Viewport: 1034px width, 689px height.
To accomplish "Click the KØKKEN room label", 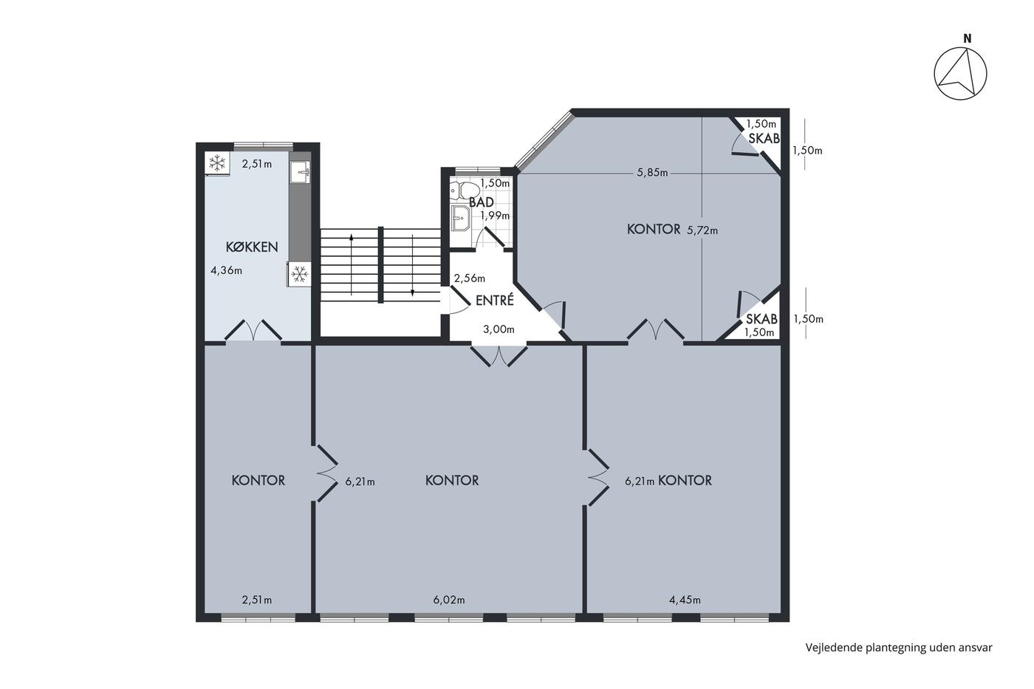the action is [252, 247].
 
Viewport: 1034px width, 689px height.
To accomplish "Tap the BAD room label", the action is [482, 202].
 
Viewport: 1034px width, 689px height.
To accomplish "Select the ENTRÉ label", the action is [494, 301].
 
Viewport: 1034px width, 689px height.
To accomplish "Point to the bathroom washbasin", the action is [460, 218].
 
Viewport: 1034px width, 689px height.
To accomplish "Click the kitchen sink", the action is [300, 173].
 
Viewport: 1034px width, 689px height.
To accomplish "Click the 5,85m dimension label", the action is [652, 173].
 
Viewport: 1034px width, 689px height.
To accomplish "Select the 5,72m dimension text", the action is [702, 230].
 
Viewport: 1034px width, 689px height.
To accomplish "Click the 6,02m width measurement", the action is [449, 600].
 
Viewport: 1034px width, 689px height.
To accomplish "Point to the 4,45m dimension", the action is [685, 600].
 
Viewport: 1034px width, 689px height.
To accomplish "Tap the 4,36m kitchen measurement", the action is [226, 270].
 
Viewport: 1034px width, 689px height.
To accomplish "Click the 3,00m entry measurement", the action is [499, 329].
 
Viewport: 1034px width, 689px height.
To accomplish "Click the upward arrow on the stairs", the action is [352, 264].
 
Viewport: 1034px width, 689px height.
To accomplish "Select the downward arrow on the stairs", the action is [412, 265].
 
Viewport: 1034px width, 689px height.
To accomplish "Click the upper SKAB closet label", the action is [764, 138].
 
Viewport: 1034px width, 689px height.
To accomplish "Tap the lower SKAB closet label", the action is [761, 319].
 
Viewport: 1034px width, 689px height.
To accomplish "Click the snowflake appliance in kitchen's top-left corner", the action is [217, 163].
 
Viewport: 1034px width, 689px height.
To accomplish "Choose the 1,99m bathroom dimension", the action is [495, 216].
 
